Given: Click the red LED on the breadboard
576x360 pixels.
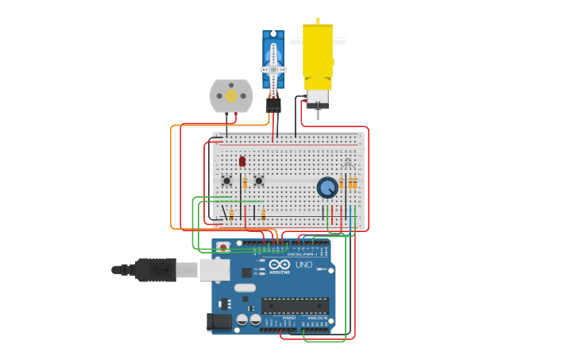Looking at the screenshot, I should [x=242, y=161].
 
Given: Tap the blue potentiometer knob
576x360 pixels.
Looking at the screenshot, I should [x=327, y=188].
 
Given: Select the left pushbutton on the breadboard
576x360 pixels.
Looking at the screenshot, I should [x=226, y=180].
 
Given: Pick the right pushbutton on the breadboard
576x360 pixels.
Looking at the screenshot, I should [x=259, y=180].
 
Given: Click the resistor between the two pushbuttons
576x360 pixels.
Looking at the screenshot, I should [x=245, y=183].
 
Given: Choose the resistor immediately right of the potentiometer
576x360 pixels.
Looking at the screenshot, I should [x=342, y=184].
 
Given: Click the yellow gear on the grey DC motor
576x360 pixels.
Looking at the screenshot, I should [x=231, y=95].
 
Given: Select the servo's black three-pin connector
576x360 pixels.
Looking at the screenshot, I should [x=273, y=104].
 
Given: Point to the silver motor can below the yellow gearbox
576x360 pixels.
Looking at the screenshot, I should [x=317, y=98].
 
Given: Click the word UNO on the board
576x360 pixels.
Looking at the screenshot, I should [x=304, y=265].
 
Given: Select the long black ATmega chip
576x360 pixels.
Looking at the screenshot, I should [x=295, y=306].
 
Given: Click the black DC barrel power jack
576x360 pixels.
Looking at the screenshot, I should [x=219, y=322].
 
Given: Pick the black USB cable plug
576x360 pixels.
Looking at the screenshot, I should [x=155, y=270].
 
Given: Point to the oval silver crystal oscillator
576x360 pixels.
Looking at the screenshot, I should [x=245, y=288].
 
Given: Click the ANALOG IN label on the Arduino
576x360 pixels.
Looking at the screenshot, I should [x=316, y=318].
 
